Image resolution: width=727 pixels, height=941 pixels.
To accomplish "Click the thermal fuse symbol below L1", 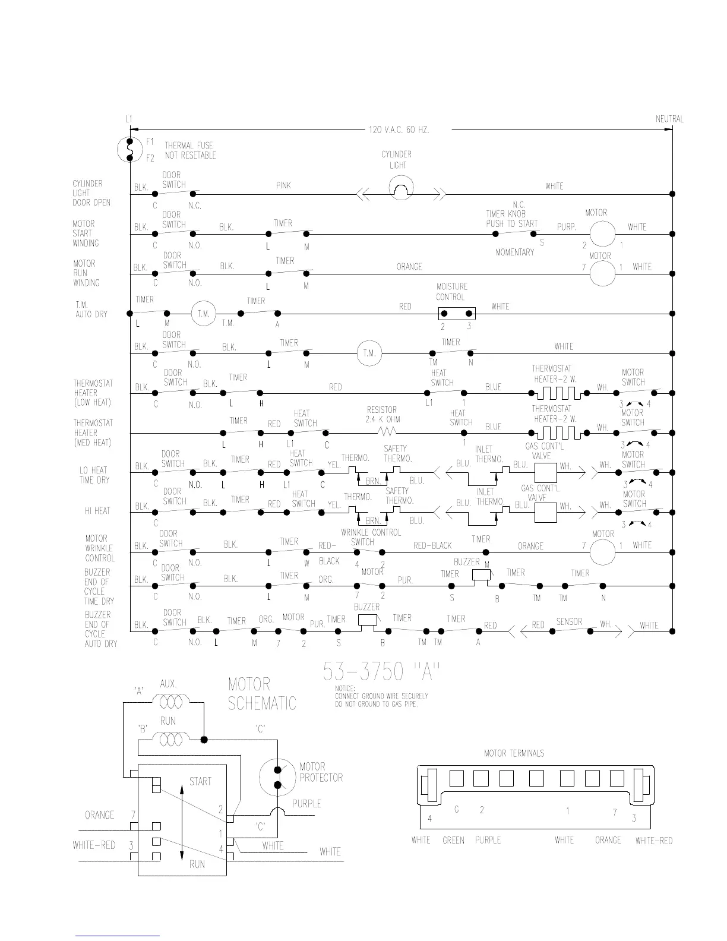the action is click(129, 149).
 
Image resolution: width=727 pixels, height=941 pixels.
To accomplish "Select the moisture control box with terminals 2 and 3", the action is click(456, 313).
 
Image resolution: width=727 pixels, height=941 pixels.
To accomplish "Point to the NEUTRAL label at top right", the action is click(669, 118).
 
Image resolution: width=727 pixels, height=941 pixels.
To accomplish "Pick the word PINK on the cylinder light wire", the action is click(283, 185).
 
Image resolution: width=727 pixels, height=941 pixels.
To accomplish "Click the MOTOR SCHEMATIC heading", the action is click(261, 694).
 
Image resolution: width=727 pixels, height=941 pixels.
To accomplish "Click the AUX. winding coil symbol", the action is click(170, 703).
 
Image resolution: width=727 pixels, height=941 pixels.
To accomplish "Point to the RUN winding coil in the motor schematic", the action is click(170, 740).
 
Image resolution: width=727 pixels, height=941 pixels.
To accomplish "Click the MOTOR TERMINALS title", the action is click(514, 753).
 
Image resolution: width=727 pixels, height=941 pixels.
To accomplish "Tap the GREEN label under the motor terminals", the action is click(453, 840).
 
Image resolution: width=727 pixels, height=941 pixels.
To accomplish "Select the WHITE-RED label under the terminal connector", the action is click(653, 841).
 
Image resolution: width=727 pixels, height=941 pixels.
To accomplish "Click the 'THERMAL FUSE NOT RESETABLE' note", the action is click(190, 150).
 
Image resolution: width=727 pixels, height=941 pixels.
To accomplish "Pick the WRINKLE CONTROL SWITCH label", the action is click(370, 537).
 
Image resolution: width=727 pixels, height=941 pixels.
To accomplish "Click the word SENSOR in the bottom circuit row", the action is click(568, 621).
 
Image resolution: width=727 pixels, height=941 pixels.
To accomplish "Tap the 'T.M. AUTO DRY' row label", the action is click(91, 310).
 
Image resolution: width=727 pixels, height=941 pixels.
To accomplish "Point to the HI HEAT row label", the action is click(97, 510).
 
